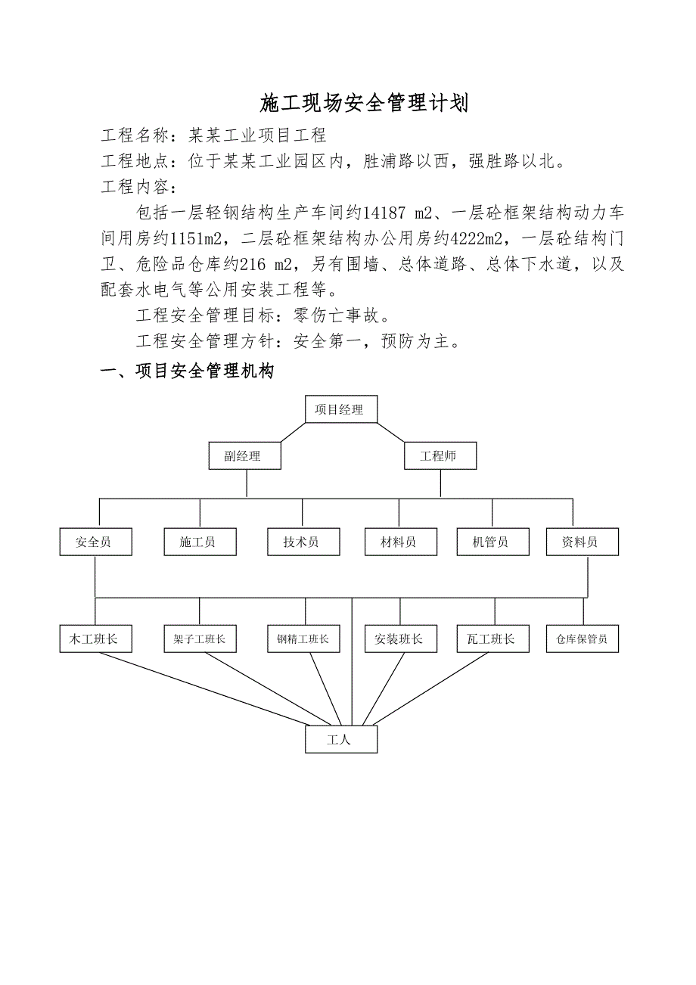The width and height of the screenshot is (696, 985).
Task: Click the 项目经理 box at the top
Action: pos(340,409)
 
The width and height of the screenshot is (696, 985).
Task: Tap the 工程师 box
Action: pos(440,456)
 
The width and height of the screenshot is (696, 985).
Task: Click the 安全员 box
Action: pos(95,542)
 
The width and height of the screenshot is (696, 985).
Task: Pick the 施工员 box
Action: pos(200,542)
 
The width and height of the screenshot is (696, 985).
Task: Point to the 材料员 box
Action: pos(399,542)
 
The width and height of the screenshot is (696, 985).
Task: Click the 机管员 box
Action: pos(492,542)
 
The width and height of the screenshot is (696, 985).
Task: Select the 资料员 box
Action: pos(582,542)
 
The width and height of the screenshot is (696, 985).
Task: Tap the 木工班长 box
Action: pos(95,639)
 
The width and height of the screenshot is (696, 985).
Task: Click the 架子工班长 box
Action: pos(200,639)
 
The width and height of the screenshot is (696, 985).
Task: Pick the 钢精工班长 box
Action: pos(303,639)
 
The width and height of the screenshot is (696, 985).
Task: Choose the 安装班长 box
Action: pos(399,639)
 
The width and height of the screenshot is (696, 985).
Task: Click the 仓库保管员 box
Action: pos(582,639)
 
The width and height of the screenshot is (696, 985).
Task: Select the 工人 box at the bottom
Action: pos(340,739)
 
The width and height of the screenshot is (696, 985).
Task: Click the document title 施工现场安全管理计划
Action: pos(364,103)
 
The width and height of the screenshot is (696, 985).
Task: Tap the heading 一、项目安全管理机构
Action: pos(187,371)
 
